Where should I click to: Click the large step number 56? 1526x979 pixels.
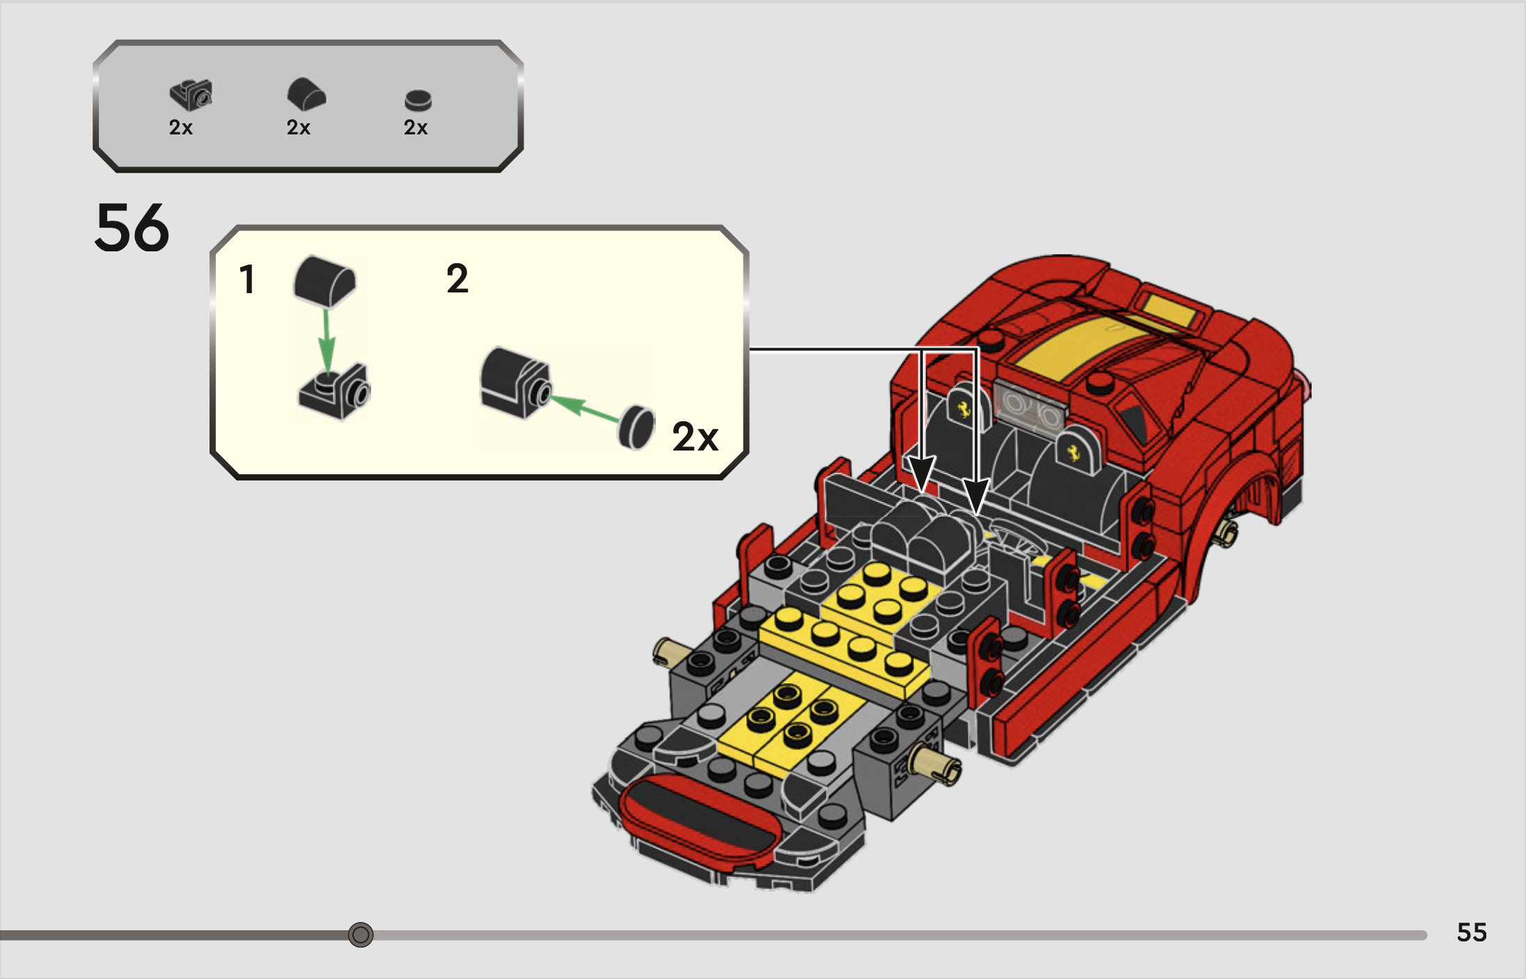pos(132,228)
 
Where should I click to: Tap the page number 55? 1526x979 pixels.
pos(1471,932)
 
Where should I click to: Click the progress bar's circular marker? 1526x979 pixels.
pos(361,934)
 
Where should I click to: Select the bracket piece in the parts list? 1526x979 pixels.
pos(191,95)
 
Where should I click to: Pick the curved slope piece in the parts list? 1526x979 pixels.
pos(306,94)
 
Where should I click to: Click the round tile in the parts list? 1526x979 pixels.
pos(418,101)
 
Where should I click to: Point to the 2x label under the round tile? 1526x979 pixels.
pos(416,127)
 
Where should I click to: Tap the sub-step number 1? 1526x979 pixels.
pos(246,280)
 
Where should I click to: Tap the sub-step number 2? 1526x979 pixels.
pos(457,279)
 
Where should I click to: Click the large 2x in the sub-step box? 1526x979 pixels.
pos(695,437)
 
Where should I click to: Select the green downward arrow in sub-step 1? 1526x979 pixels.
pos(327,341)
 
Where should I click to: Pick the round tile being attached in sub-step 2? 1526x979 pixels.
pos(636,427)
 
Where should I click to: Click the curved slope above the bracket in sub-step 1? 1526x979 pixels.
pos(324,281)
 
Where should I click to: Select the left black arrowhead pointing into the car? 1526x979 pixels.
pos(921,474)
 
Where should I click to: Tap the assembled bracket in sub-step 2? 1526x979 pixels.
pos(515,382)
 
